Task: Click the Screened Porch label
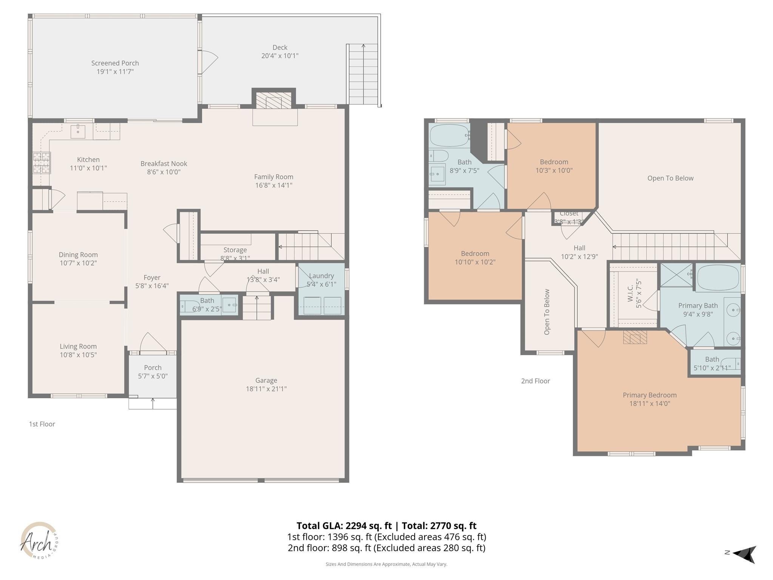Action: point(115,63)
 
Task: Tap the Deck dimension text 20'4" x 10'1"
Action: point(280,56)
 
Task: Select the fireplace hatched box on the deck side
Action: point(274,101)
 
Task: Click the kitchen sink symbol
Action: point(78,131)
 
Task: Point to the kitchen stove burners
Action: point(41,162)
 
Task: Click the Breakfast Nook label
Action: point(164,164)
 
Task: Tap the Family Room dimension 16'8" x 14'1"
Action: point(273,185)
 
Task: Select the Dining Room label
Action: point(78,255)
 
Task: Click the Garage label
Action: point(266,380)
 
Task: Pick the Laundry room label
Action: point(321,276)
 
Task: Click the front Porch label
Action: point(153,368)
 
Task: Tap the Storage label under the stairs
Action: point(235,250)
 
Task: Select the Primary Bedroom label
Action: point(650,395)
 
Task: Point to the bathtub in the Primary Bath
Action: point(717,278)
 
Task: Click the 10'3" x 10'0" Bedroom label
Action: point(554,162)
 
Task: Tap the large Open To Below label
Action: point(670,178)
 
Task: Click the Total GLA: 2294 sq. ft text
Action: point(344,526)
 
